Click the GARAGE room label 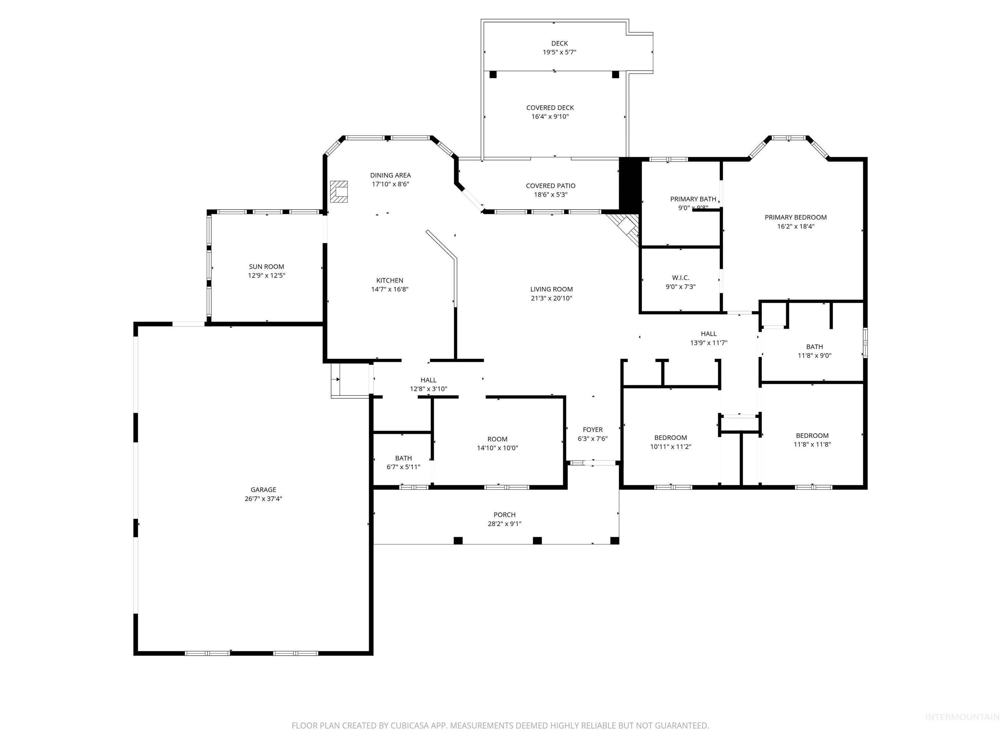[263, 489]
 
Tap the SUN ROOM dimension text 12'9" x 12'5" [266, 275]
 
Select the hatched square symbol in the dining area [339, 191]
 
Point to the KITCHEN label [390, 280]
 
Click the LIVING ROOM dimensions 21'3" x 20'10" [551, 298]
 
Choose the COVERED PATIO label [550, 185]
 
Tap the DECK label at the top [559, 43]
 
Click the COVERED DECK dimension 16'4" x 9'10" [550, 116]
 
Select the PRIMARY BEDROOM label [795, 217]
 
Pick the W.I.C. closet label [680, 277]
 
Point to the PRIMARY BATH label [693, 199]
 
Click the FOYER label [592, 430]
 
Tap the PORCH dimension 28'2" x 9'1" [504, 524]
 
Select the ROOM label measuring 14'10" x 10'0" [497, 439]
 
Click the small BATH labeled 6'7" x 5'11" [403, 458]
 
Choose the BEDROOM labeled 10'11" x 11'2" [670, 437]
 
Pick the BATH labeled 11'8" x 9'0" [814, 347]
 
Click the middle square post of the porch [537, 540]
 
